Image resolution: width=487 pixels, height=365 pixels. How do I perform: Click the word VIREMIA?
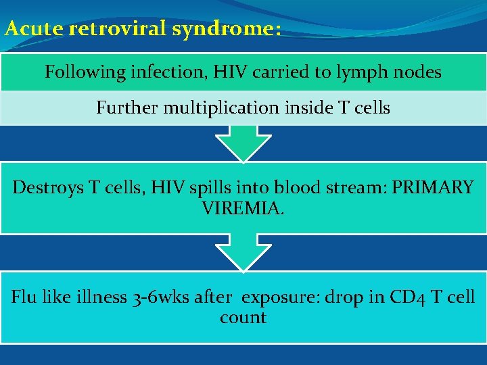click(243, 208)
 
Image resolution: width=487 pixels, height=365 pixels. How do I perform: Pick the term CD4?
click(409, 297)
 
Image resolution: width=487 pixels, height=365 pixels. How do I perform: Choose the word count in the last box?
click(243, 317)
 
